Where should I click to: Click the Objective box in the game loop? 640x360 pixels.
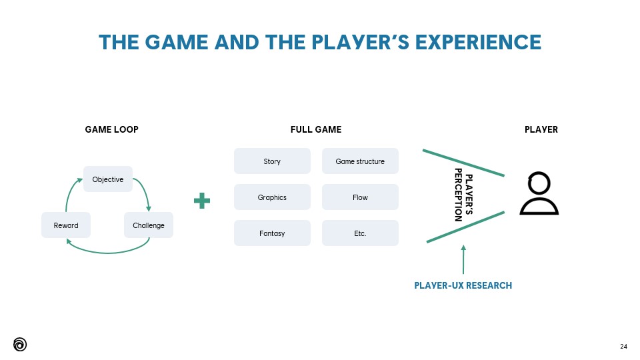point(108,179)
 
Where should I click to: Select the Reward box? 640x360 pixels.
point(66,225)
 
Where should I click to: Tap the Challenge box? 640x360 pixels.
point(149,225)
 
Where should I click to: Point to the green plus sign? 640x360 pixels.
point(202,201)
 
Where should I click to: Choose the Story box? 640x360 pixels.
point(272,161)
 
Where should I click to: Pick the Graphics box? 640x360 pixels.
point(272,197)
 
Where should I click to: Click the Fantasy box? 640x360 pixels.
point(272,233)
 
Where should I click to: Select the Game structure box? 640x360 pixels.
point(360,161)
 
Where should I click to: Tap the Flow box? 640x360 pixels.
point(360,197)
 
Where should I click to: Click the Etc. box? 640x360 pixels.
point(360,233)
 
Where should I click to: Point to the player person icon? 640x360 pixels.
point(539,194)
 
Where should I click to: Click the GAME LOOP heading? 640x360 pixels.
point(112,129)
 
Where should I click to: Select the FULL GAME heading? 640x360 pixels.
point(316,129)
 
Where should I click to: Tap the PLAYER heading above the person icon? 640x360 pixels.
point(541,129)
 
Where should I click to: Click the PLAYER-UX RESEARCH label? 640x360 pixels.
point(463,285)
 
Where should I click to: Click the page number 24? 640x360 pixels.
point(623,346)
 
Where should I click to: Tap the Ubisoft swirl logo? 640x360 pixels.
point(20,344)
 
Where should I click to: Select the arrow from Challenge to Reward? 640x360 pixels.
point(107,251)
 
